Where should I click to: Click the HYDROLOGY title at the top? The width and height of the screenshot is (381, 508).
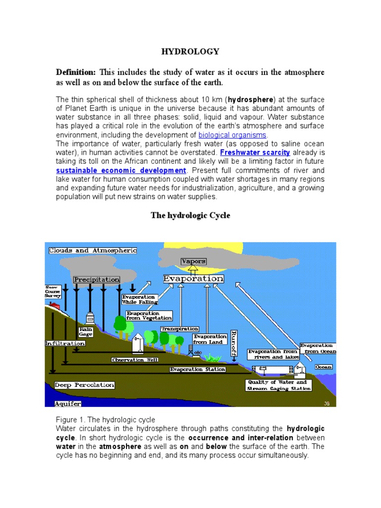(x=190, y=52)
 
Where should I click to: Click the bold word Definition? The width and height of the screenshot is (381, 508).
(x=75, y=72)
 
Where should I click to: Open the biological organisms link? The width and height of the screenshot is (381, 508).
(x=233, y=135)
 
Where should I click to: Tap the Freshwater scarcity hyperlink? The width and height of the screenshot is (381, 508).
(x=255, y=152)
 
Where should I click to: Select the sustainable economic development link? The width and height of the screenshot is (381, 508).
(x=121, y=170)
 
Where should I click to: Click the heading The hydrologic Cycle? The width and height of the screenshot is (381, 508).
(x=190, y=216)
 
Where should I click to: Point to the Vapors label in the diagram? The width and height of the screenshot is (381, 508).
(x=193, y=261)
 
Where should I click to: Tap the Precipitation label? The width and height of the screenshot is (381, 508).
(x=97, y=280)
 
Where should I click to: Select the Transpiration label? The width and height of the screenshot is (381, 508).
(x=180, y=329)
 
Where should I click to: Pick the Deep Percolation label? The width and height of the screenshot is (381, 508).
(x=84, y=385)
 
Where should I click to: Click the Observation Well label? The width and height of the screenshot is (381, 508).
(x=135, y=359)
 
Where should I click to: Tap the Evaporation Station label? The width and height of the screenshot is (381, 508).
(x=197, y=370)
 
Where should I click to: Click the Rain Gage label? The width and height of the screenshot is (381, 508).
(x=85, y=332)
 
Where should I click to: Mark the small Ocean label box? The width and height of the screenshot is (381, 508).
(x=323, y=367)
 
